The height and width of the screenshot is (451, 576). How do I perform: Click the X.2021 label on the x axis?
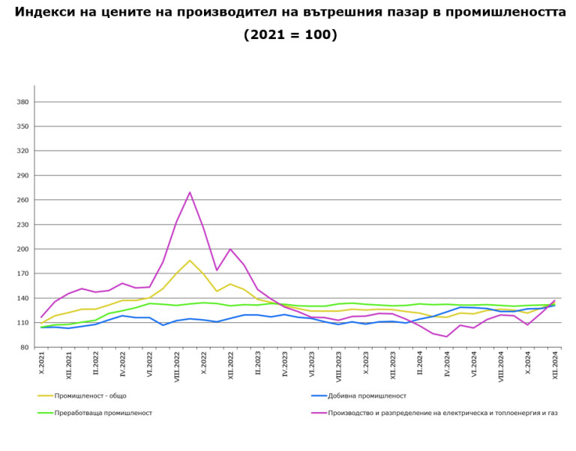pyautogui.click(x=42, y=366)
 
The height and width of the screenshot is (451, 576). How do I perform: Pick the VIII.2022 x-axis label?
pyautogui.click(x=177, y=368)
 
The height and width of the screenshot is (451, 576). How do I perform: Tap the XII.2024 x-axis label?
pyautogui.click(x=555, y=367)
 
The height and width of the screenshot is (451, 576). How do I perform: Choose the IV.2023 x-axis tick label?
pyautogui.click(x=285, y=366)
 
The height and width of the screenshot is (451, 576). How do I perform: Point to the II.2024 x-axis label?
pyautogui.click(x=420, y=366)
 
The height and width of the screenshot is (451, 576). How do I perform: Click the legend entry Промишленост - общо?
pyautogui.click(x=89, y=396)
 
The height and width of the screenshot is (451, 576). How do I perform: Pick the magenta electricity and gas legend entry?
pyautogui.click(x=442, y=413)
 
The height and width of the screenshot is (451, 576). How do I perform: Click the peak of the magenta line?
pyautogui.click(x=190, y=193)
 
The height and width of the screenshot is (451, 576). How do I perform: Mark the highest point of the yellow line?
pyautogui.click(x=190, y=261)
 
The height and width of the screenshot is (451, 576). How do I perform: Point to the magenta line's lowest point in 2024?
pyautogui.click(x=447, y=336)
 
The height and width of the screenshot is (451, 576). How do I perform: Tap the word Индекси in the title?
pyautogui.click(x=46, y=13)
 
